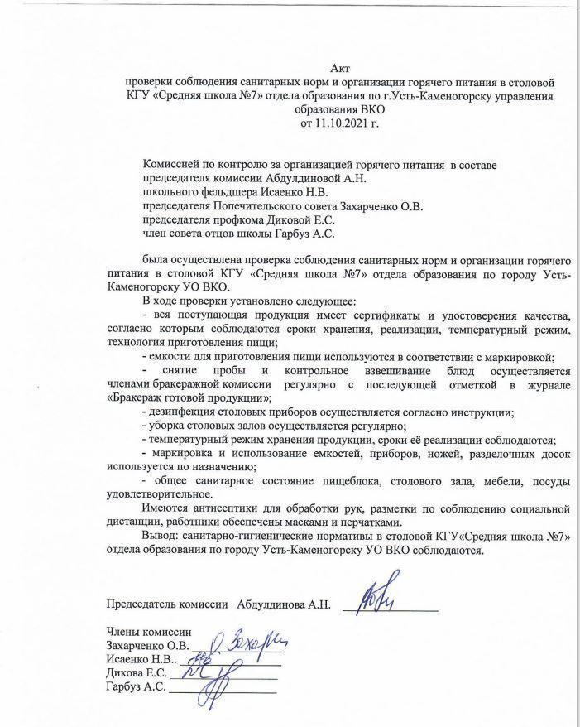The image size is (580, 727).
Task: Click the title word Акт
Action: point(339,70)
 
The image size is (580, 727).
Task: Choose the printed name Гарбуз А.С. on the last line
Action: point(137,687)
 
